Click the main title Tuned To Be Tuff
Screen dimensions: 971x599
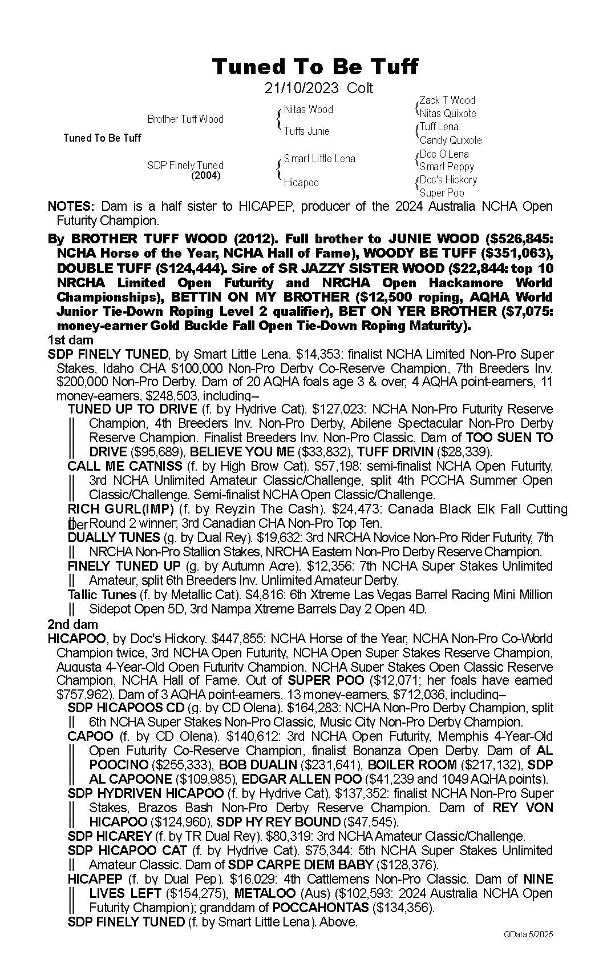tap(315, 67)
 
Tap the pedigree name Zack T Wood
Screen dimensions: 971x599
tap(447, 101)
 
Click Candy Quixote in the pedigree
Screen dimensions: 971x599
tap(450, 140)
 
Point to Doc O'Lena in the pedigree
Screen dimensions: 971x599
tap(444, 154)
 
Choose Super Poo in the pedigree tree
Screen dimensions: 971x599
tap(442, 193)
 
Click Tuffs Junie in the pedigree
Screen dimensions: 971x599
tap(306, 131)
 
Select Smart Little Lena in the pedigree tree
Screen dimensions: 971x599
tap(319, 159)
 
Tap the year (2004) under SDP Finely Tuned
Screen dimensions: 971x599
tap(205, 176)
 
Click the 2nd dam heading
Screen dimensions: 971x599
tap(72, 625)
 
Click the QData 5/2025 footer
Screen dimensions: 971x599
tap(528, 934)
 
